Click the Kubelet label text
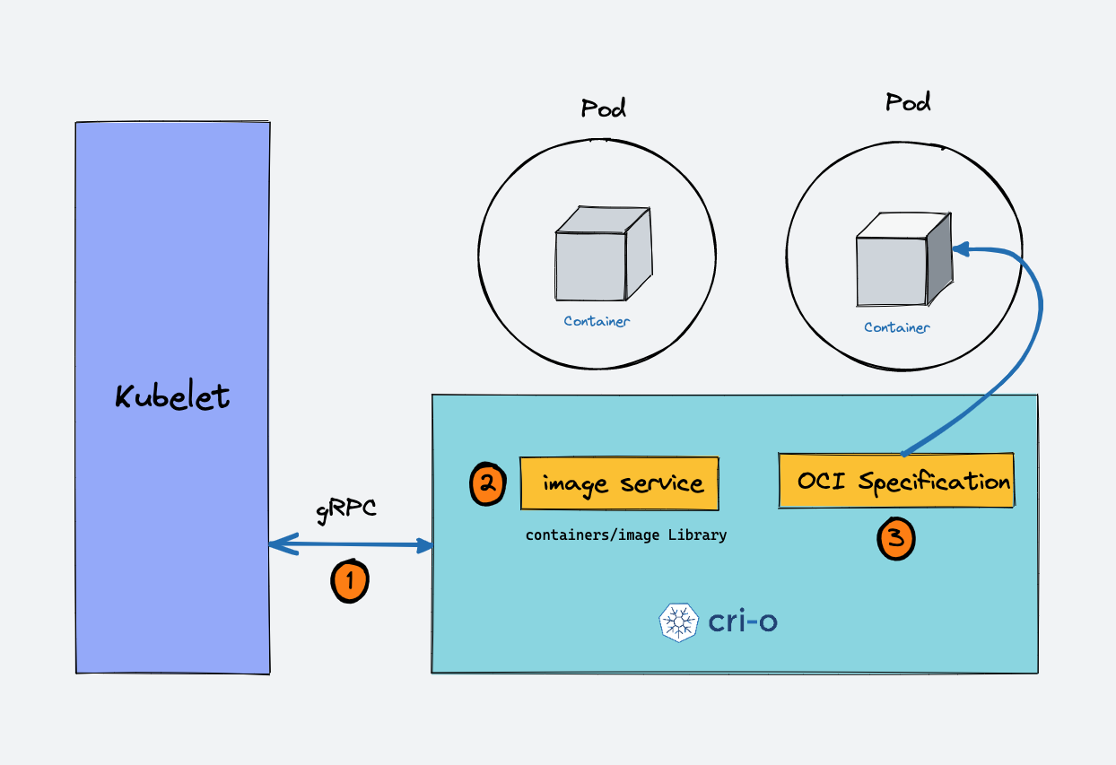pyautogui.click(x=172, y=396)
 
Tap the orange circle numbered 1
pyautogui.click(x=350, y=581)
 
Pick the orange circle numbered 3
pyautogui.click(x=895, y=539)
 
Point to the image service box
pyautogui.click(x=620, y=484)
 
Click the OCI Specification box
pyautogui.click(x=896, y=482)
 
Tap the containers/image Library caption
pyautogui.click(x=625, y=535)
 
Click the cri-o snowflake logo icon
pyautogui.click(x=679, y=622)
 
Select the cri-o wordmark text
pyautogui.click(x=742, y=622)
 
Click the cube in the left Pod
pyautogui.click(x=601, y=254)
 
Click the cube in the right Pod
pyautogui.click(x=901, y=260)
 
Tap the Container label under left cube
pyautogui.click(x=597, y=321)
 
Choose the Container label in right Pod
pyautogui.click(x=896, y=327)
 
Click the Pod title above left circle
pyautogui.click(x=603, y=109)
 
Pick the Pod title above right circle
pyautogui.click(x=908, y=101)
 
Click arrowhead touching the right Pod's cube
pyautogui.click(x=960, y=249)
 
